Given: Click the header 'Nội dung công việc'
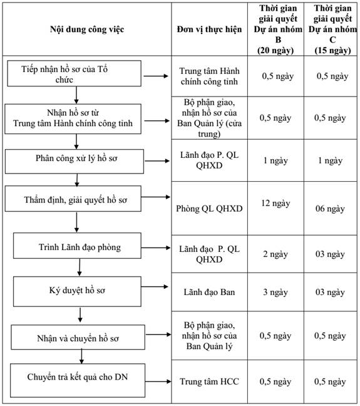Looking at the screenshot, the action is (87, 29).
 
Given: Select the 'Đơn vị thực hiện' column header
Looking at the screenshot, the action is (209, 29).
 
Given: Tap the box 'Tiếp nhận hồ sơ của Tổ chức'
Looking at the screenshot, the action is (75, 73).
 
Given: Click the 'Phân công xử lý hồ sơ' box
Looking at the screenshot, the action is (75, 161).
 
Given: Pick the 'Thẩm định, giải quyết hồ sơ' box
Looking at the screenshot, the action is (73, 199).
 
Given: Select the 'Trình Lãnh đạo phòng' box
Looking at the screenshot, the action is (77, 246).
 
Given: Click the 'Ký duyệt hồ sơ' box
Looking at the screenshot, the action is (77, 291).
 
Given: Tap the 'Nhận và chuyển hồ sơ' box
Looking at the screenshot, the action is (78, 337).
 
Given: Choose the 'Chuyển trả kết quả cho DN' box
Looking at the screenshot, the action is (78, 380).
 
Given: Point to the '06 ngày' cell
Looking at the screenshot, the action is (330, 209).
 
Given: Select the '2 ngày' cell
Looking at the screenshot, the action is (275, 254).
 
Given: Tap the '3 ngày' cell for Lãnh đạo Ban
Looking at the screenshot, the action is (275, 292).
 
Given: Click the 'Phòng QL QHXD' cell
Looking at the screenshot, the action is (209, 209).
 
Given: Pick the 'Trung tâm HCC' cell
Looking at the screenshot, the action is (209, 382).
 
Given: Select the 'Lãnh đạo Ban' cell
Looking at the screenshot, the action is (209, 292).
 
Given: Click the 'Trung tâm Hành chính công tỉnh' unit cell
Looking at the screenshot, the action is (209, 76).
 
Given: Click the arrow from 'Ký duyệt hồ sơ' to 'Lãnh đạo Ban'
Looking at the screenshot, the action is (155, 286).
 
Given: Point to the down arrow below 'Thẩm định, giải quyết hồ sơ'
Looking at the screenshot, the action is (76, 222).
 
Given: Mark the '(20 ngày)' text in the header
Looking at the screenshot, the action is (275, 50).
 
